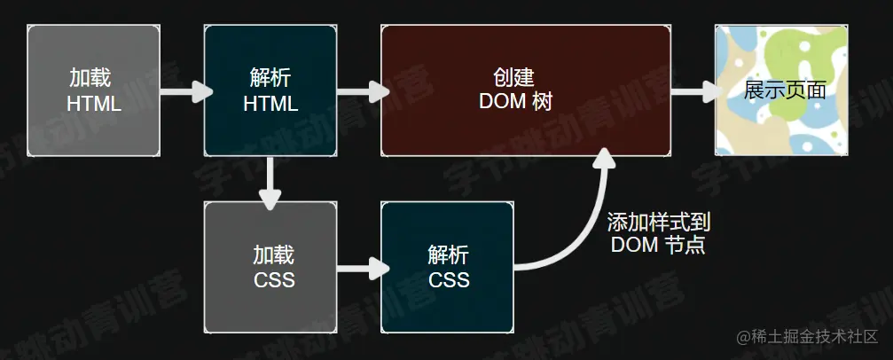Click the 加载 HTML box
[x=94, y=90]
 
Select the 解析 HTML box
[x=270, y=90]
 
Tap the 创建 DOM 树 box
[x=525, y=90]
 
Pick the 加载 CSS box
[x=270, y=268]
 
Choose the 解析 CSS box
[x=448, y=268]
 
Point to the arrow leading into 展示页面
[x=693, y=90]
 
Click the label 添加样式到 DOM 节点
[x=659, y=233]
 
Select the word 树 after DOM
[x=543, y=102]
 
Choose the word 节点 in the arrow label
[x=689, y=245]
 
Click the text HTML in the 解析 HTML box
[x=270, y=103]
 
